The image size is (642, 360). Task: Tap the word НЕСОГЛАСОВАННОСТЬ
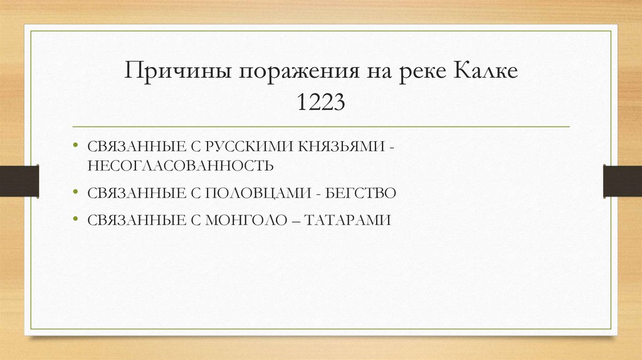point(181,166)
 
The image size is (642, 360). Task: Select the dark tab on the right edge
point(622,180)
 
